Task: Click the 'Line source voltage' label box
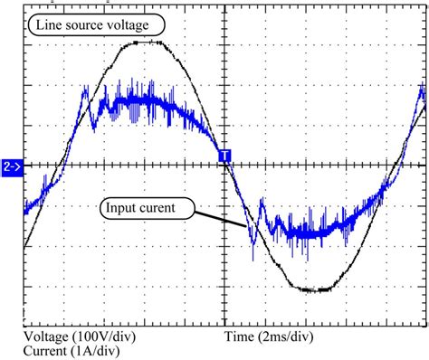(x=99, y=24)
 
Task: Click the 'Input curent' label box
(x=148, y=209)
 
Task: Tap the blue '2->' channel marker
(x=13, y=166)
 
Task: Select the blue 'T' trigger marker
(x=225, y=156)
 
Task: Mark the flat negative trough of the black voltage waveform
(x=316, y=289)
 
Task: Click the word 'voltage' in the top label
(x=142, y=24)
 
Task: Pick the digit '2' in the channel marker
(x=7, y=166)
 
